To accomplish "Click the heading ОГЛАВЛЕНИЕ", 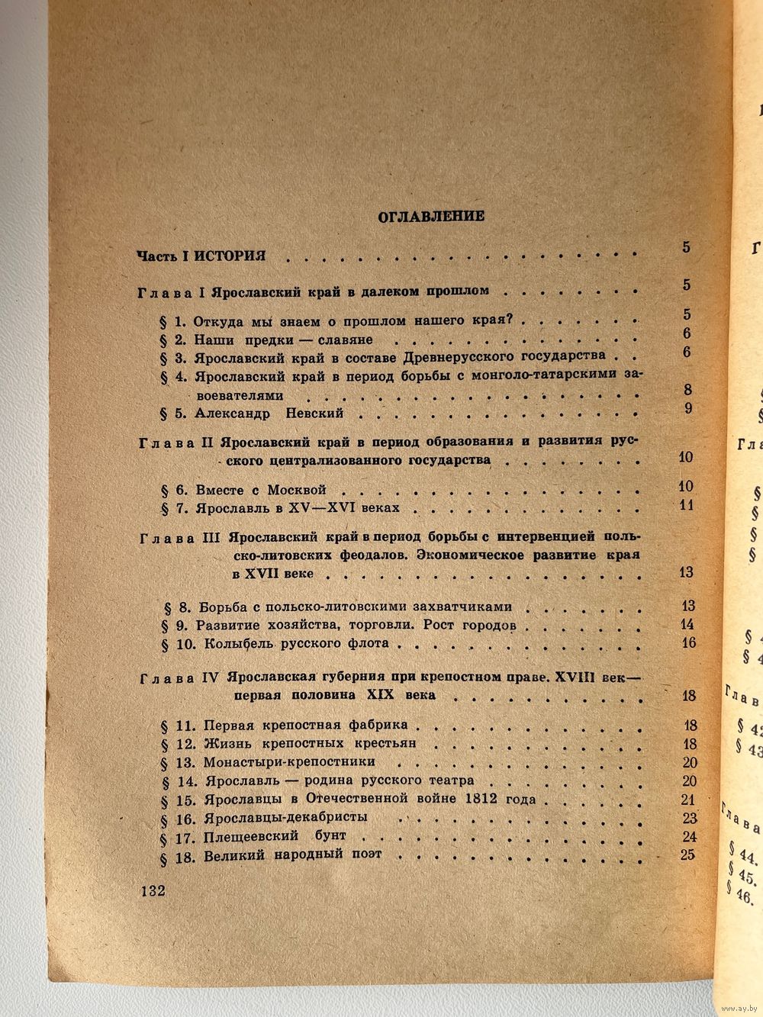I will pos(431,217).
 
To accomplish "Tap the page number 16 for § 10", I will pos(689,643).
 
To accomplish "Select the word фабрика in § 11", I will pos(375,724).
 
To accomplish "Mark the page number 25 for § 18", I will pos(687,853).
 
